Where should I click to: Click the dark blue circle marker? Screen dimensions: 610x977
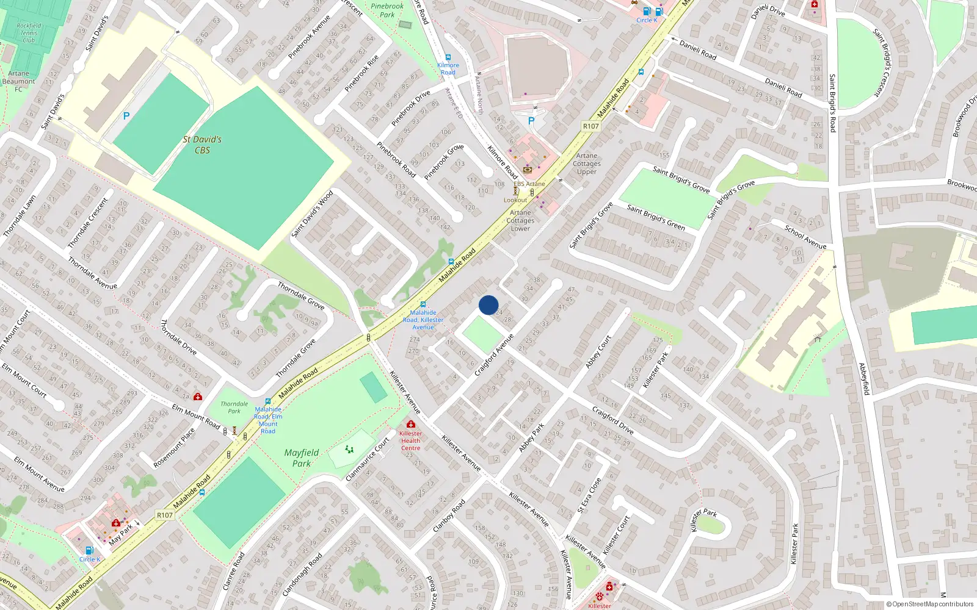pyautogui.click(x=488, y=305)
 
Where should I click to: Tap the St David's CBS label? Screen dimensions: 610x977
pyautogui.click(x=202, y=145)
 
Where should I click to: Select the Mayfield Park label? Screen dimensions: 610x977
pyautogui.click(x=301, y=457)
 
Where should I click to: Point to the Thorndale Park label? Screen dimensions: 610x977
pyautogui.click(x=234, y=407)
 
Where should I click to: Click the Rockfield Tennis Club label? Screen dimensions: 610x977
pyautogui.click(x=29, y=33)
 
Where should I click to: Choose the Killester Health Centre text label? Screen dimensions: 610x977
pyautogui.click(x=410, y=440)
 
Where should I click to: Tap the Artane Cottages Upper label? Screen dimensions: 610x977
pyautogui.click(x=587, y=163)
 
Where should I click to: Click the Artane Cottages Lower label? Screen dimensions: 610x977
pyautogui.click(x=520, y=220)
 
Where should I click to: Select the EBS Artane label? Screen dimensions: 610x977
pyautogui.click(x=529, y=184)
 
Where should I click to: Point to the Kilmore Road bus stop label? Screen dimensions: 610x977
pyautogui.click(x=448, y=68)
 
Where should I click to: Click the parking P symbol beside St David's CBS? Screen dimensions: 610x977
pyautogui.click(x=126, y=116)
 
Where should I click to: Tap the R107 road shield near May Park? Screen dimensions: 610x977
pyautogui.click(x=165, y=515)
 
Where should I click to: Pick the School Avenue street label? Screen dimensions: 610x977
pyautogui.click(x=805, y=237)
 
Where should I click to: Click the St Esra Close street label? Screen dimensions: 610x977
pyautogui.click(x=589, y=495)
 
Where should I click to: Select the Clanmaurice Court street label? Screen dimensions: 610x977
pyautogui.click(x=368, y=459)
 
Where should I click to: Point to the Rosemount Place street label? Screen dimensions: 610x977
pyautogui.click(x=174, y=448)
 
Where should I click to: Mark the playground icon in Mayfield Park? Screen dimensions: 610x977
pyautogui.click(x=349, y=450)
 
